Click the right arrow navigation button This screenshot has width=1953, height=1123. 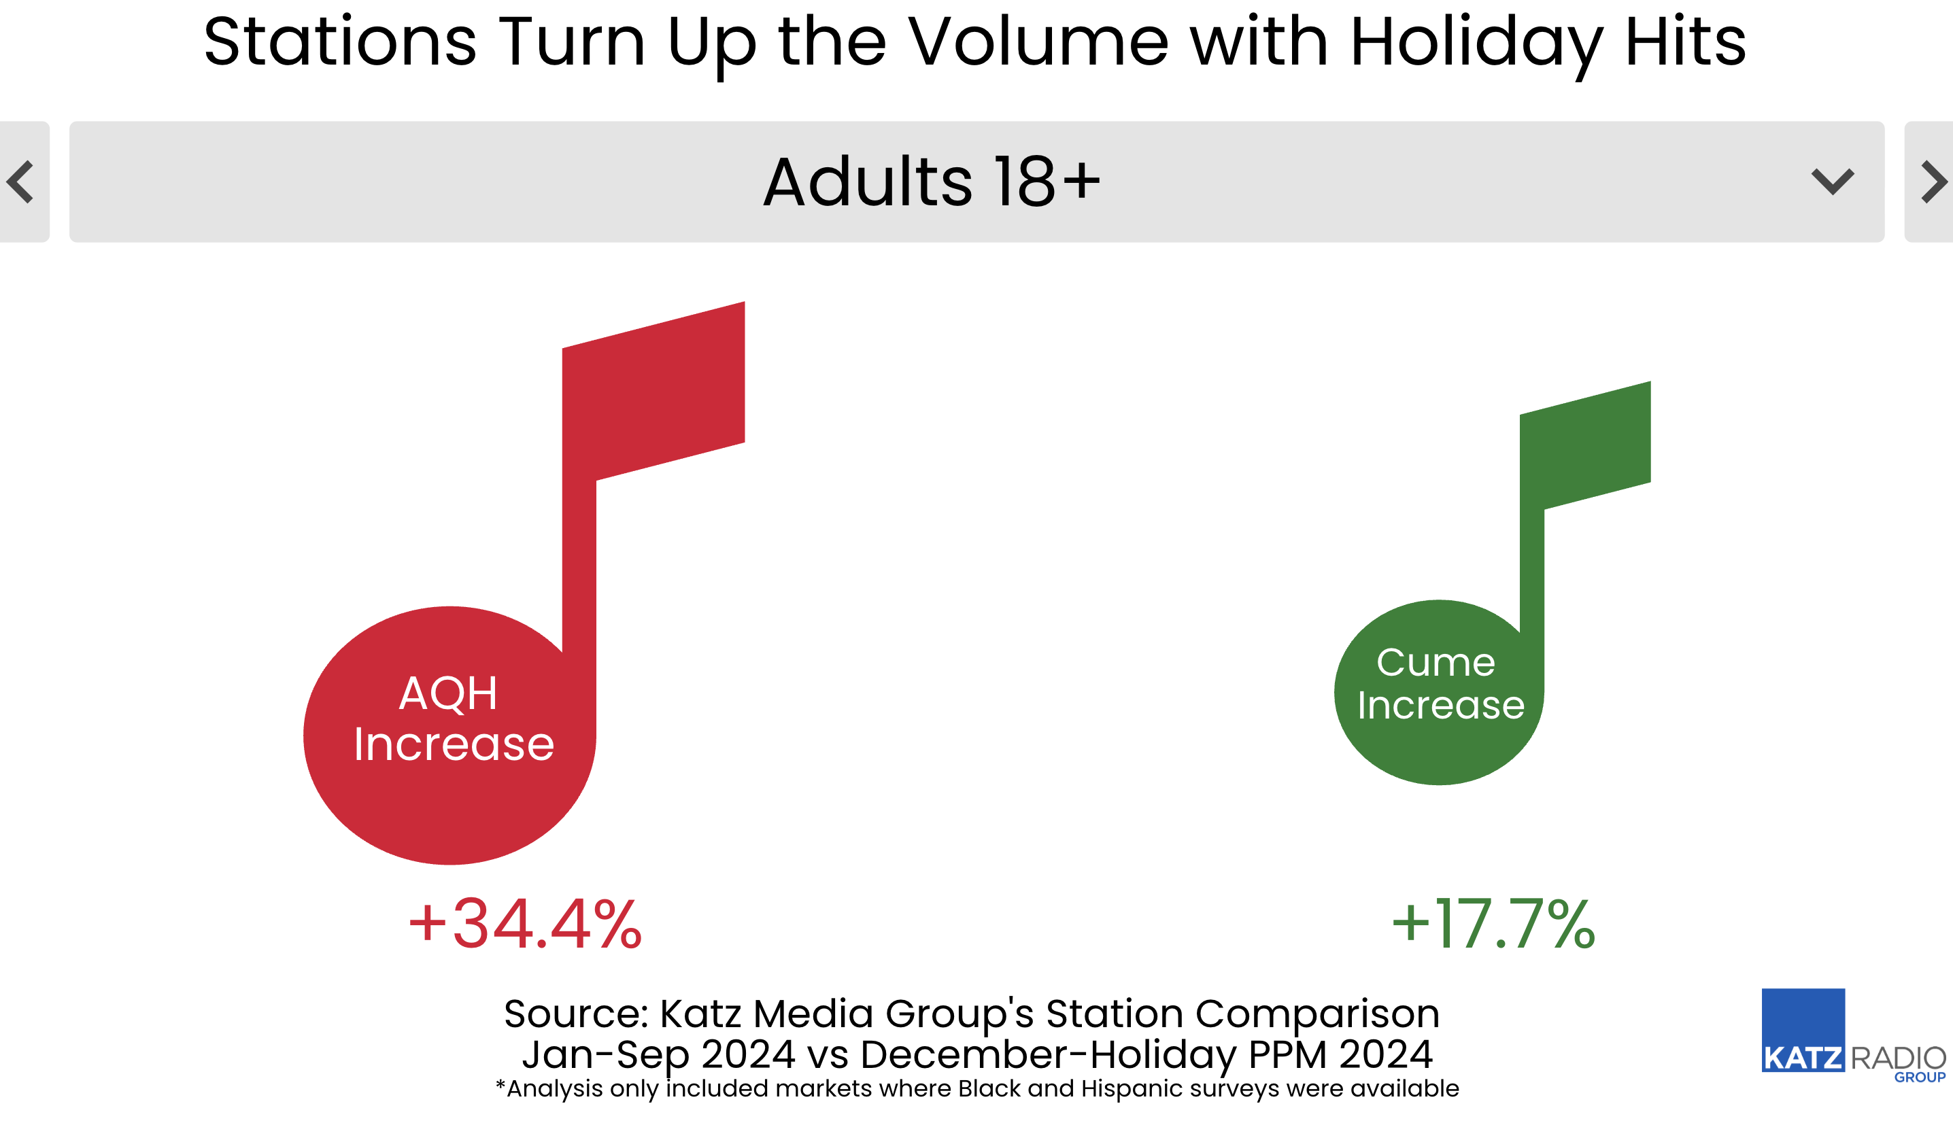click(x=1931, y=182)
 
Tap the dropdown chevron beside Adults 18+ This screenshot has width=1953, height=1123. click(x=1832, y=182)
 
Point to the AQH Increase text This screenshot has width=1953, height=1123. click(x=453, y=718)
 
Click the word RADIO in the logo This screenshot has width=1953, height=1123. click(x=1898, y=1058)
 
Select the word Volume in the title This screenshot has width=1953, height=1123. click(x=1038, y=41)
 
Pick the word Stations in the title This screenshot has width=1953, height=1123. click(x=340, y=41)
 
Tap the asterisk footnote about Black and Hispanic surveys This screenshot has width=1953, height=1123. click(x=976, y=1088)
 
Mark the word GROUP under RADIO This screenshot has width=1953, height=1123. click(x=1920, y=1077)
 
